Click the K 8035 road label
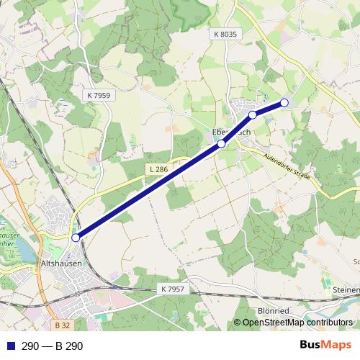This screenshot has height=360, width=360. click(x=225, y=34)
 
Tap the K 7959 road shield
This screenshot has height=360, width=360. click(x=98, y=94)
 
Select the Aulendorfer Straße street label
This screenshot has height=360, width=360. click(x=291, y=171)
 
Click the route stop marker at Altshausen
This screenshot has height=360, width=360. click(x=76, y=238)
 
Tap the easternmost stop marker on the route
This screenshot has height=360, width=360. click(x=284, y=102)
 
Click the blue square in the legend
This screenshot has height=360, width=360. click(x=9, y=346)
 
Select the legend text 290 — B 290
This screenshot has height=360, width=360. click(x=53, y=346)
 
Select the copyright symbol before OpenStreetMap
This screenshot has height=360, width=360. click(x=238, y=323)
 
